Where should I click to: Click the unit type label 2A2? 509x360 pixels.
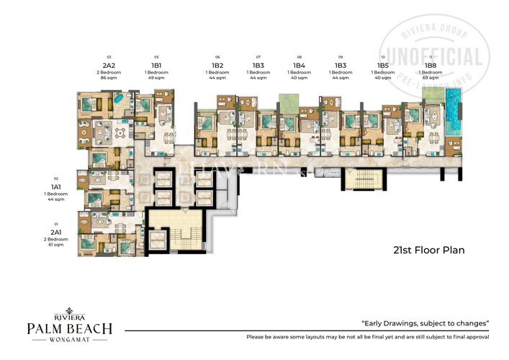tap(109, 65)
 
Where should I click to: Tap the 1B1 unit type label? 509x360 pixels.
tap(156, 65)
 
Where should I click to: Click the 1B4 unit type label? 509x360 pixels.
tap(299, 65)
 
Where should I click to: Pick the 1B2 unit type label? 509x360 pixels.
tap(217, 65)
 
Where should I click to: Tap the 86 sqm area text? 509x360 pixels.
tap(109, 77)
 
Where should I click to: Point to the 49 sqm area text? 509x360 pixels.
tap(156, 77)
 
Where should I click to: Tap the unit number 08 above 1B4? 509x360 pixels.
tap(299, 56)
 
